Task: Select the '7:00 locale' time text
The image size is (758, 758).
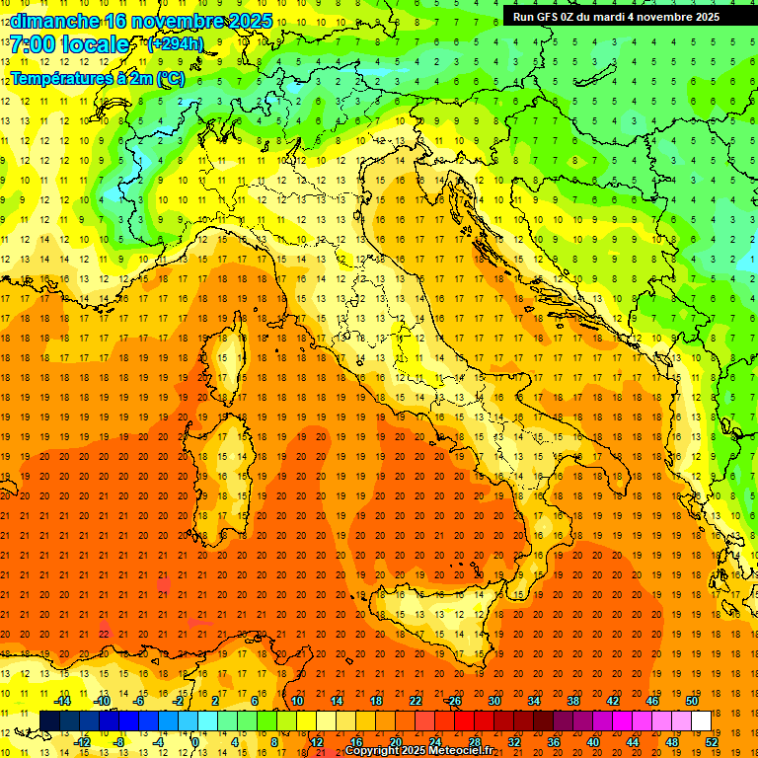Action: [x=69, y=44]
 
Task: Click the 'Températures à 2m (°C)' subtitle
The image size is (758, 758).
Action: [x=97, y=78]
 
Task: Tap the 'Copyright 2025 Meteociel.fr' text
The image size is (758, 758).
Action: [x=418, y=751]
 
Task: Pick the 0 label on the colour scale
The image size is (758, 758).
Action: [x=194, y=742]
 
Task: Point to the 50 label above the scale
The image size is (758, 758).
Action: [x=692, y=700]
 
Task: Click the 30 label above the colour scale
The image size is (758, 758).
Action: [x=494, y=700]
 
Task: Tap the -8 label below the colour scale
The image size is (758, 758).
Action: [x=119, y=742]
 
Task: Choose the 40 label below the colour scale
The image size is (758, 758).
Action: [x=593, y=742]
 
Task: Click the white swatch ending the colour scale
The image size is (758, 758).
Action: [x=702, y=720]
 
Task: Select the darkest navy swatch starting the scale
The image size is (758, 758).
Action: [x=49, y=720]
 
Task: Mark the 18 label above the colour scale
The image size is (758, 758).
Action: [x=376, y=700]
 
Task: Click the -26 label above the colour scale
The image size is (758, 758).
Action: [x=453, y=700]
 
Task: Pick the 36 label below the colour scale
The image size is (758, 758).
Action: [x=554, y=742]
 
